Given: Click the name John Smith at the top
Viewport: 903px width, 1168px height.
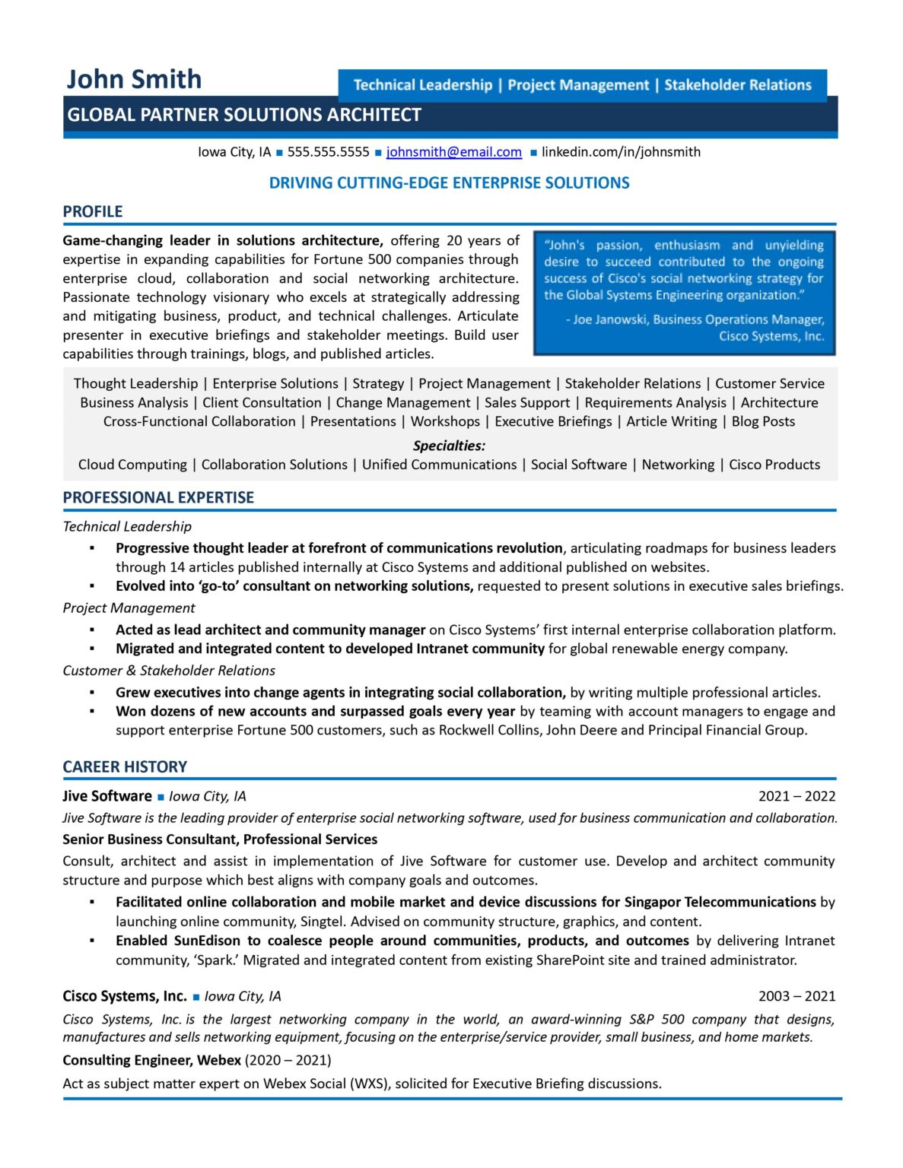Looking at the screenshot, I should (x=134, y=79).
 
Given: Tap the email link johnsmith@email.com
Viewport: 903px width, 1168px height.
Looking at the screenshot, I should (x=453, y=152).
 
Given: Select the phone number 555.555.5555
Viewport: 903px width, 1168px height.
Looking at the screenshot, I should (x=328, y=152).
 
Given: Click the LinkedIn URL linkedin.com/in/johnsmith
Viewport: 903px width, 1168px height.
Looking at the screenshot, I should (x=621, y=152).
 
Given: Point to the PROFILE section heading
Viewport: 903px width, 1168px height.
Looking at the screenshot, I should (x=92, y=212).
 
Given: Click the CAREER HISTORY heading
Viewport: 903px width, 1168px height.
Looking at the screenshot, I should (x=125, y=767).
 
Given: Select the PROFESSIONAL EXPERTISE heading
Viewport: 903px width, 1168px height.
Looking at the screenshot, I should (x=158, y=498).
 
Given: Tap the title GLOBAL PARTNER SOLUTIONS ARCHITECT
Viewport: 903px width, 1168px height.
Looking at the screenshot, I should (x=244, y=116).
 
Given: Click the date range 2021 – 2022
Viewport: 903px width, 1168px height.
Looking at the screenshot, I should (x=796, y=797).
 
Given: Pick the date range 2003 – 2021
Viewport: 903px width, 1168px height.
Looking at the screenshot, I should (x=796, y=997).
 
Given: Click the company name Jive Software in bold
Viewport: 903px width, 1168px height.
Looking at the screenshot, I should (x=107, y=797).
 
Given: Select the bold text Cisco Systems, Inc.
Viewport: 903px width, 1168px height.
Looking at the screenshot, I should (x=125, y=997).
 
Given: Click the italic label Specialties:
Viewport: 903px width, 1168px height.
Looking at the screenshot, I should (x=449, y=446).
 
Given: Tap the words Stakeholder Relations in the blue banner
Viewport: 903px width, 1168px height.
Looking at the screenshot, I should (x=737, y=85).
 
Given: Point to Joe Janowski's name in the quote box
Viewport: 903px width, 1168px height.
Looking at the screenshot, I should (x=609, y=320).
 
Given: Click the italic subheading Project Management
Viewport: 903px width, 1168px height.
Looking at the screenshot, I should (x=129, y=608).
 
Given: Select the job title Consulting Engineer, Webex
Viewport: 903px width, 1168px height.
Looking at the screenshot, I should (x=151, y=1061).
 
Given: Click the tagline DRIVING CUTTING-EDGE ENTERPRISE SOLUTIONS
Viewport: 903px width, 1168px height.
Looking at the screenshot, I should (x=449, y=183).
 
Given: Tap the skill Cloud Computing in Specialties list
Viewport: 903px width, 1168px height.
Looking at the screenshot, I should (x=132, y=465).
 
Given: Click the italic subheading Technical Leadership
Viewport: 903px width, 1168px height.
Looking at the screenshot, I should (x=127, y=527).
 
